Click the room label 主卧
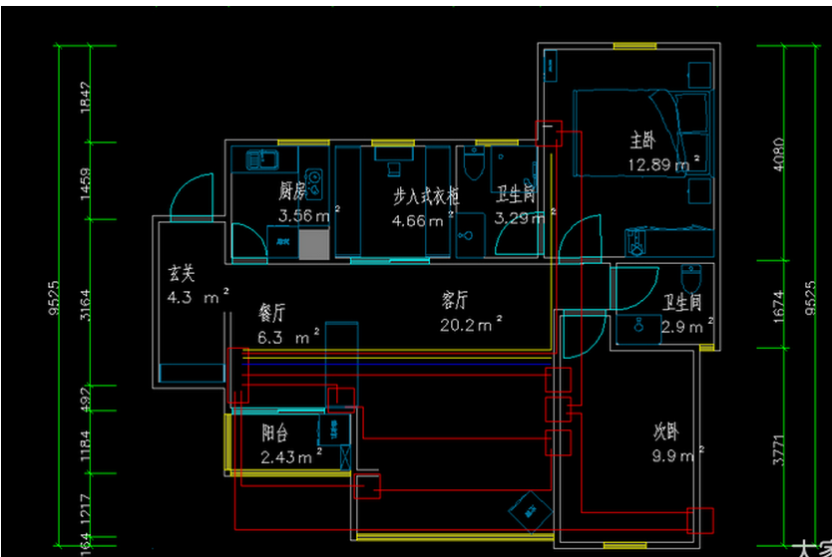[x=642, y=138]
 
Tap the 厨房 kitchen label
[x=290, y=191]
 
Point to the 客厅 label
[x=455, y=299]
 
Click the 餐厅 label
[x=272, y=312]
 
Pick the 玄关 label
[x=181, y=272]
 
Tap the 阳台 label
[x=275, y=433]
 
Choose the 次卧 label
[x=666, y=432]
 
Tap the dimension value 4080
[x=779, y=153]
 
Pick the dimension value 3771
[x=779, y=447]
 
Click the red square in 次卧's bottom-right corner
[x=700, y=520]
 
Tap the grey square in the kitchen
[x=312, y=243]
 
